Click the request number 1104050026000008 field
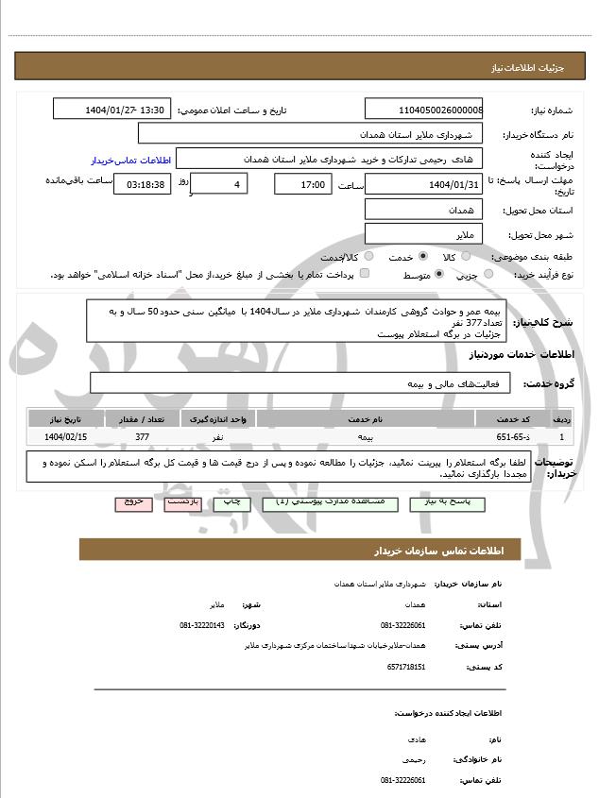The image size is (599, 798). coord(423,110)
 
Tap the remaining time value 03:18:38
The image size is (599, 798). coord(143,184)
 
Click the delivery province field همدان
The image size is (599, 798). coord(423,210)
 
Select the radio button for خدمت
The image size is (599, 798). coord(422,256)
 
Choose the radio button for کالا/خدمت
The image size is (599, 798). coord(368,256)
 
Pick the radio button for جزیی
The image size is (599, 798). coord(488,274)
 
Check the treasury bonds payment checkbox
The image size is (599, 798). coord(365,274)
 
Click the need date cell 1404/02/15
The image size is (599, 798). coord(65,436)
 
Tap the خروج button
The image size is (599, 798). coord(133,502)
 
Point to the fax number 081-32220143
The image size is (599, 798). coord(201,625)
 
